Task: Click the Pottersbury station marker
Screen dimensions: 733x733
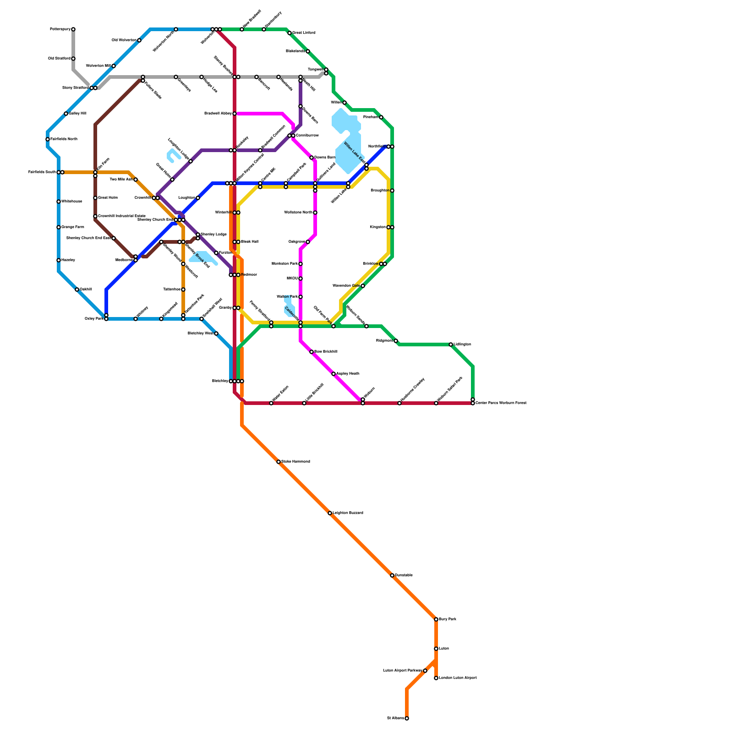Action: [73, 29]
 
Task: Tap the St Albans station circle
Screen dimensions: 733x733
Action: [407, 718]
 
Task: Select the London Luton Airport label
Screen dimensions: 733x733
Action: [458, 678]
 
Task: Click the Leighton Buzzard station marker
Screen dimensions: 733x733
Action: [330, 513]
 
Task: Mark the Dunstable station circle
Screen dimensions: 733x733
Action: [392, 575]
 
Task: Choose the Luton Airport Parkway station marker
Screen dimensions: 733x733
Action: [425, 671]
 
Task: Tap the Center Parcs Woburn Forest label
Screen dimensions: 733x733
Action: [501, 403]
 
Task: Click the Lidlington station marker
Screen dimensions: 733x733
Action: [451, 345]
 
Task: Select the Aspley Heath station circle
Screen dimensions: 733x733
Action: [334, 374]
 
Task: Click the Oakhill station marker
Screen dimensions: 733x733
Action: [77, 290]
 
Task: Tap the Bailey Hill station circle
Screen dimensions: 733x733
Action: [66, 114]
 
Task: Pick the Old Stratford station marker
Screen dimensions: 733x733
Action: [73, 59]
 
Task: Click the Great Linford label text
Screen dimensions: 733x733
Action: [304, 33]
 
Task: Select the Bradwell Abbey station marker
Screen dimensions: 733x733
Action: [235, 114]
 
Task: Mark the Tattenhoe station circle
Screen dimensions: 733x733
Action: [183, 290]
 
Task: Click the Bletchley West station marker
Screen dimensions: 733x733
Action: [216, 334]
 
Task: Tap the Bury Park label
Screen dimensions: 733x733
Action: [447, 619]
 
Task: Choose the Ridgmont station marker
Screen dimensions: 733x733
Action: [396, 341]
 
